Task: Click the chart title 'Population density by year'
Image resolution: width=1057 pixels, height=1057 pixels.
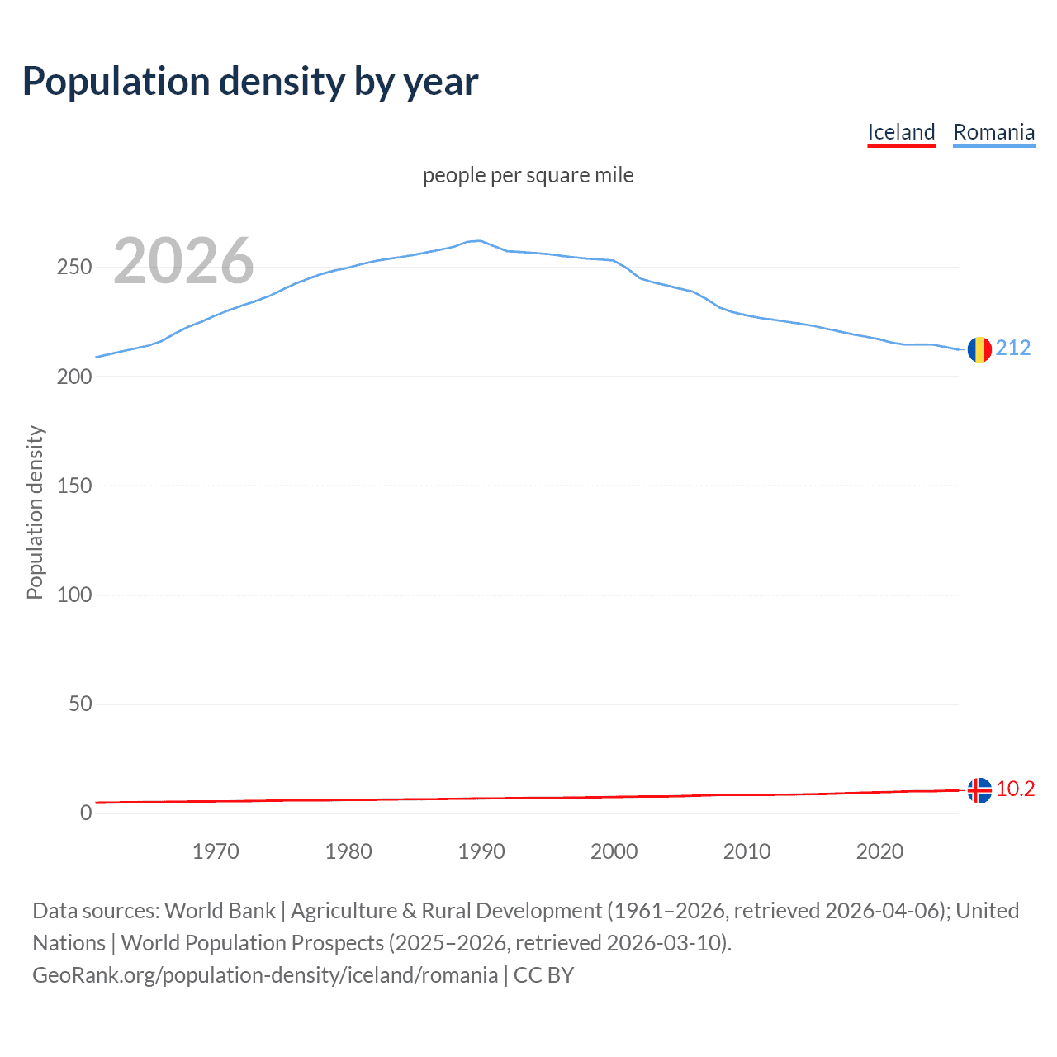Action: [250, 82]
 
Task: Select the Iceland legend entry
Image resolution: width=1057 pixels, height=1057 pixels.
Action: [901, 132]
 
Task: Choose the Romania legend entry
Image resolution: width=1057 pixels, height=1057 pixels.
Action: [993, 132]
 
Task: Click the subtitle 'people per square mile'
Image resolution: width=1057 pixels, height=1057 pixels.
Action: [528, 175]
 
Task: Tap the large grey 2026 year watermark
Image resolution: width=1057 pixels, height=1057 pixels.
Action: [183, 261]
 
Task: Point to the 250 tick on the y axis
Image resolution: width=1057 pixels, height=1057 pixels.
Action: [74, 268]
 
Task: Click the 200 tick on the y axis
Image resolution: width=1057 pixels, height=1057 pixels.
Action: [74, 377]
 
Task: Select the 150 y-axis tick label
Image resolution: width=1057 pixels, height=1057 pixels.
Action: [74, 486]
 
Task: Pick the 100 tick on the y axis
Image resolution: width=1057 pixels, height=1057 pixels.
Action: [74, 595]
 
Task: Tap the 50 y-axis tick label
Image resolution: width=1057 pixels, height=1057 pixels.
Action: [80, 704]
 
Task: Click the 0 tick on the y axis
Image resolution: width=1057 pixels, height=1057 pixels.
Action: [86, 813]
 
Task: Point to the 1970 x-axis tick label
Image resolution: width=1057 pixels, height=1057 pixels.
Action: [216, 851]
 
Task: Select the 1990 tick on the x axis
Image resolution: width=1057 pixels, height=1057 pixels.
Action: [481, 851]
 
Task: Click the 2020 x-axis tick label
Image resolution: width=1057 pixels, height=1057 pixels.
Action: [879, 851]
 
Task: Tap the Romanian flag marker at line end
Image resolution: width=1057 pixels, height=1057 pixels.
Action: [979, 349]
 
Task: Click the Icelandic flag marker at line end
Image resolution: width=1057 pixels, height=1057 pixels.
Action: [979, 790]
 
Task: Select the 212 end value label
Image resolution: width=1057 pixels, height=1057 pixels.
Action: [1013, 348]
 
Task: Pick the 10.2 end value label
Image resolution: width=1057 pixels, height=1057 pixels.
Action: [1015, 789]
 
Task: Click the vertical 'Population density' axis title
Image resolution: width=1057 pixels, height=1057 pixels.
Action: [35, 512]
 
